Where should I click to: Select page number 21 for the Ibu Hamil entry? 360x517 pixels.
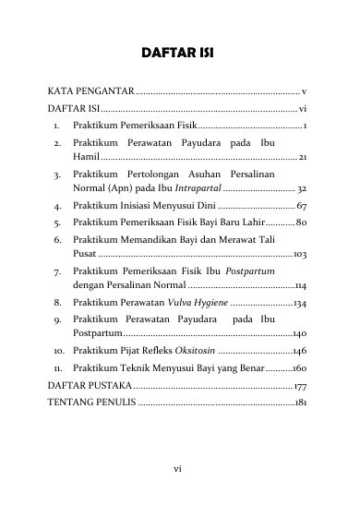pos(303,160)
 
